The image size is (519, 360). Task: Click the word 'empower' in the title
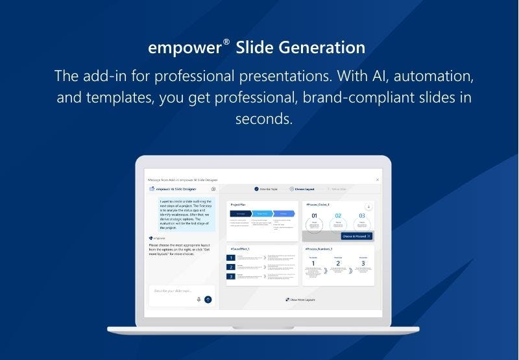[x=185, y=49]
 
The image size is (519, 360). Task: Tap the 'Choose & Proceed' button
[x=356, y=236]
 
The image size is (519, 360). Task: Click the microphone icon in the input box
[x=199, y=300]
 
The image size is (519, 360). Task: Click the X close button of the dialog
[x=378, y=179]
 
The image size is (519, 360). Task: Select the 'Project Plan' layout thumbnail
[x=262, y=220]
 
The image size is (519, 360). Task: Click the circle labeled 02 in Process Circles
[x=337, y=221]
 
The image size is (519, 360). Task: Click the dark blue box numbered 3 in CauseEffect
[x=231, y=276]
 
